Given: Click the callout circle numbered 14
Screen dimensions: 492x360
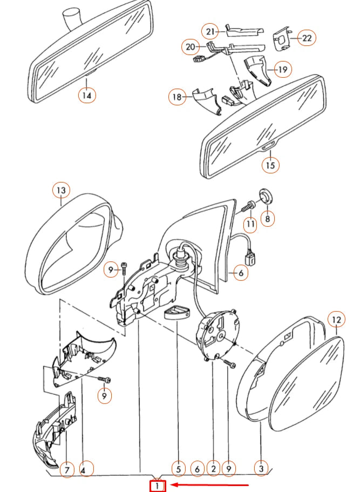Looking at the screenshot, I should point(87,96).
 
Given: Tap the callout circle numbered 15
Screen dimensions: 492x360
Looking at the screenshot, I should point(270,165).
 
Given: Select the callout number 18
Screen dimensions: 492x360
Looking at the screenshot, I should point(176,97).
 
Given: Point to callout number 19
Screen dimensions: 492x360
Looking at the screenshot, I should point(282,69).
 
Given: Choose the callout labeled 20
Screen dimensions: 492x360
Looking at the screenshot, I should point(191,47).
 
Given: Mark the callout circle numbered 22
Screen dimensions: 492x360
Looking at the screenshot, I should point(306,38).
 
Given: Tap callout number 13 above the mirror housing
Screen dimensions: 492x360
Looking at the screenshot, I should point(61,190).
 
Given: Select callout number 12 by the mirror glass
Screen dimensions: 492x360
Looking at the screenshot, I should point(336,320).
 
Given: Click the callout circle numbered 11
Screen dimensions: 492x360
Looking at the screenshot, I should point(250,223).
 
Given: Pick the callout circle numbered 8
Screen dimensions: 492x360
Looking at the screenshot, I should point(267,218).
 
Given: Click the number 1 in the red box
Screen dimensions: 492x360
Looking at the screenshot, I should point(157,486).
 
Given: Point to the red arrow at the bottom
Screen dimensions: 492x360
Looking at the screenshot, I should point(210,486).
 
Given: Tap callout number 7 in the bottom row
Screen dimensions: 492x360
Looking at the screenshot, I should point(66,470).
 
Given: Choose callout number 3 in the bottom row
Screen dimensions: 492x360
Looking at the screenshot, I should point(261,470).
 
